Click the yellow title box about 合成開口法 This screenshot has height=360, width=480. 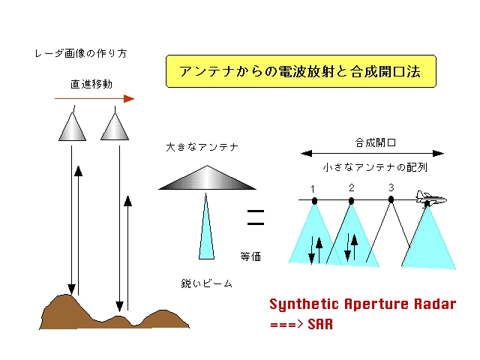point(301,71)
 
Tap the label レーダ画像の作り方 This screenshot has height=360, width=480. point(81,53)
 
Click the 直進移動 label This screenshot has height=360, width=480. point(91,84)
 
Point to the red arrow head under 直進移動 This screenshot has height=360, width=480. point(129,98)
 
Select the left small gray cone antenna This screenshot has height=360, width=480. point(72,127)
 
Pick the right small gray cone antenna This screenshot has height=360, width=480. point(115,127)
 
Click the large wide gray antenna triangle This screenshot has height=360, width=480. point(207,178)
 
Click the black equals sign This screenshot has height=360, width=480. point(256,217)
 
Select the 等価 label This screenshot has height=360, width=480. point(250,256)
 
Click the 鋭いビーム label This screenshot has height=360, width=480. point(206,283)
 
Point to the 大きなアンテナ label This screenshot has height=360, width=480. point(202,147)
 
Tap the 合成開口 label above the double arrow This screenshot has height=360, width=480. point(375,142)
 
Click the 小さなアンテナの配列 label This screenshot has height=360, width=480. point(375,167)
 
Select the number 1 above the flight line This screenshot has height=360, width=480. point(313,189)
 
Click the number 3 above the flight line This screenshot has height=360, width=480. point(391,187)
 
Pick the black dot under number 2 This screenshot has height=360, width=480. point(352,201)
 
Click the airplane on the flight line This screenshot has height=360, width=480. point(431,199)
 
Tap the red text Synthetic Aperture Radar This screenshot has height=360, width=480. point(363,304)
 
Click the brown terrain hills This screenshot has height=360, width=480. point(113,315)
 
